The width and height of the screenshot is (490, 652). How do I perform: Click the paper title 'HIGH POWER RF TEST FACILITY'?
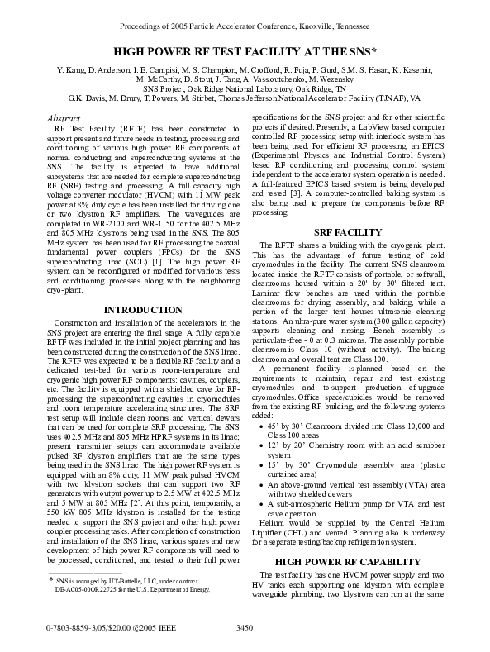coord(244,51)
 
